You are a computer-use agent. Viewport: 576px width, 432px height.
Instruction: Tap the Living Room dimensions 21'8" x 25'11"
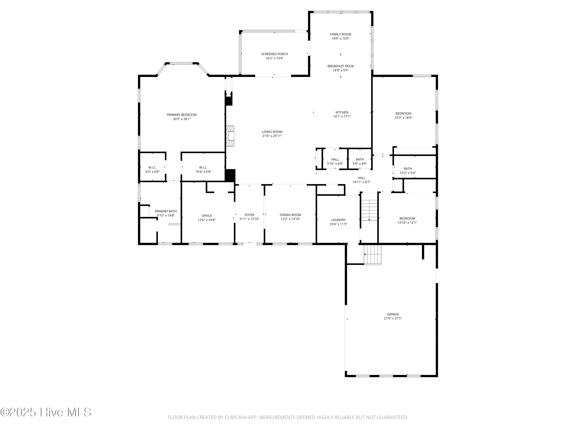click(x=272, y=136)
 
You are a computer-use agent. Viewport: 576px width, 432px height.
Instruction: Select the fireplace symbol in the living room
click(x=230, y=136)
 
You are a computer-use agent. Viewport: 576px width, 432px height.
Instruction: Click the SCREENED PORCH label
click(x=274, y=54)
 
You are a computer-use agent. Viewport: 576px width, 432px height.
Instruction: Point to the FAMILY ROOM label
click(x=340, y=34)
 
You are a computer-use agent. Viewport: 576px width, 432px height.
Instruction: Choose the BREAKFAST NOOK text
click(x=340, y=66)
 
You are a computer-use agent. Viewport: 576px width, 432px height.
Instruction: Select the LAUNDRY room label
click(x=338, y=220)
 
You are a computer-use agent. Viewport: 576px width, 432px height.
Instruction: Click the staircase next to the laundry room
click(x=369, y=210)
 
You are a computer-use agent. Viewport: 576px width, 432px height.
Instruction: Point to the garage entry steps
click(x=372, y=254)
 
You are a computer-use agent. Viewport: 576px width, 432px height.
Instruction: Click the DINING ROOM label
click(x=290, y=215)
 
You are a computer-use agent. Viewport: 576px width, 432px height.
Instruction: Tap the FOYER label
click(x=249, y=215)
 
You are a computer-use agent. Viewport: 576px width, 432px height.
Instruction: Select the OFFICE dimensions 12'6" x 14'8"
click(x=206, y=220)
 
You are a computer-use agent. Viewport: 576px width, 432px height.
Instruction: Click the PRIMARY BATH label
click(x=166, y=211)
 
